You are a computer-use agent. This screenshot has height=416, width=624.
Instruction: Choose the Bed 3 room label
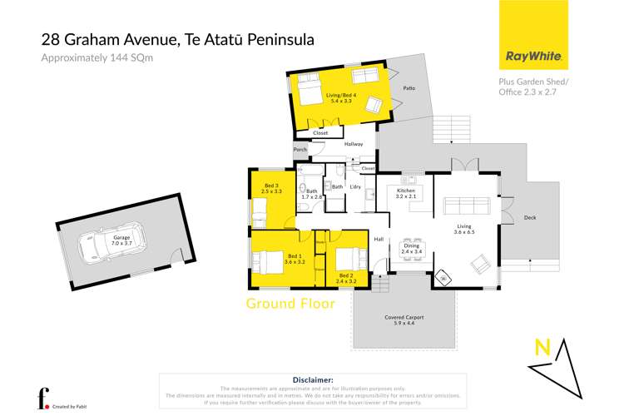pos(271,188)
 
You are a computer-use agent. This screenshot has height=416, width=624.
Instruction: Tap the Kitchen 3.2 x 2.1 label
pos(404,194)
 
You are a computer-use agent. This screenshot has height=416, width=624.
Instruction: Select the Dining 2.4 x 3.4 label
pos(410,247)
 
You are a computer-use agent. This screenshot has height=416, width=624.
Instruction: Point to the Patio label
pos(409,87)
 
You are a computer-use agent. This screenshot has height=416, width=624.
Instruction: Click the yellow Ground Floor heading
pos(290,304)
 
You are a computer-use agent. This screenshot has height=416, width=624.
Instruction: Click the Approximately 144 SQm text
pos(87,57)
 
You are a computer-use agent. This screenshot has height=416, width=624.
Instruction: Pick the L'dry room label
pos(354,187)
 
